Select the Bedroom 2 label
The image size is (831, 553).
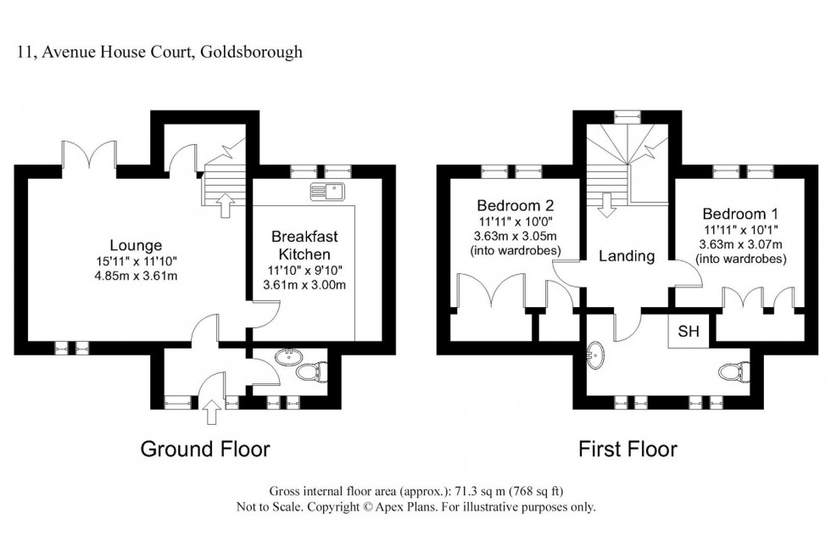(515, 205)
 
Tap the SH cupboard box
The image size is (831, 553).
(688, 332)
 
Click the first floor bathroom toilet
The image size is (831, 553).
(731, 371)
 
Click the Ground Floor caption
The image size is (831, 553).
(204, 449)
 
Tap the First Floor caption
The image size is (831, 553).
(627, 449)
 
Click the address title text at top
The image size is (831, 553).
(160, 53)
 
